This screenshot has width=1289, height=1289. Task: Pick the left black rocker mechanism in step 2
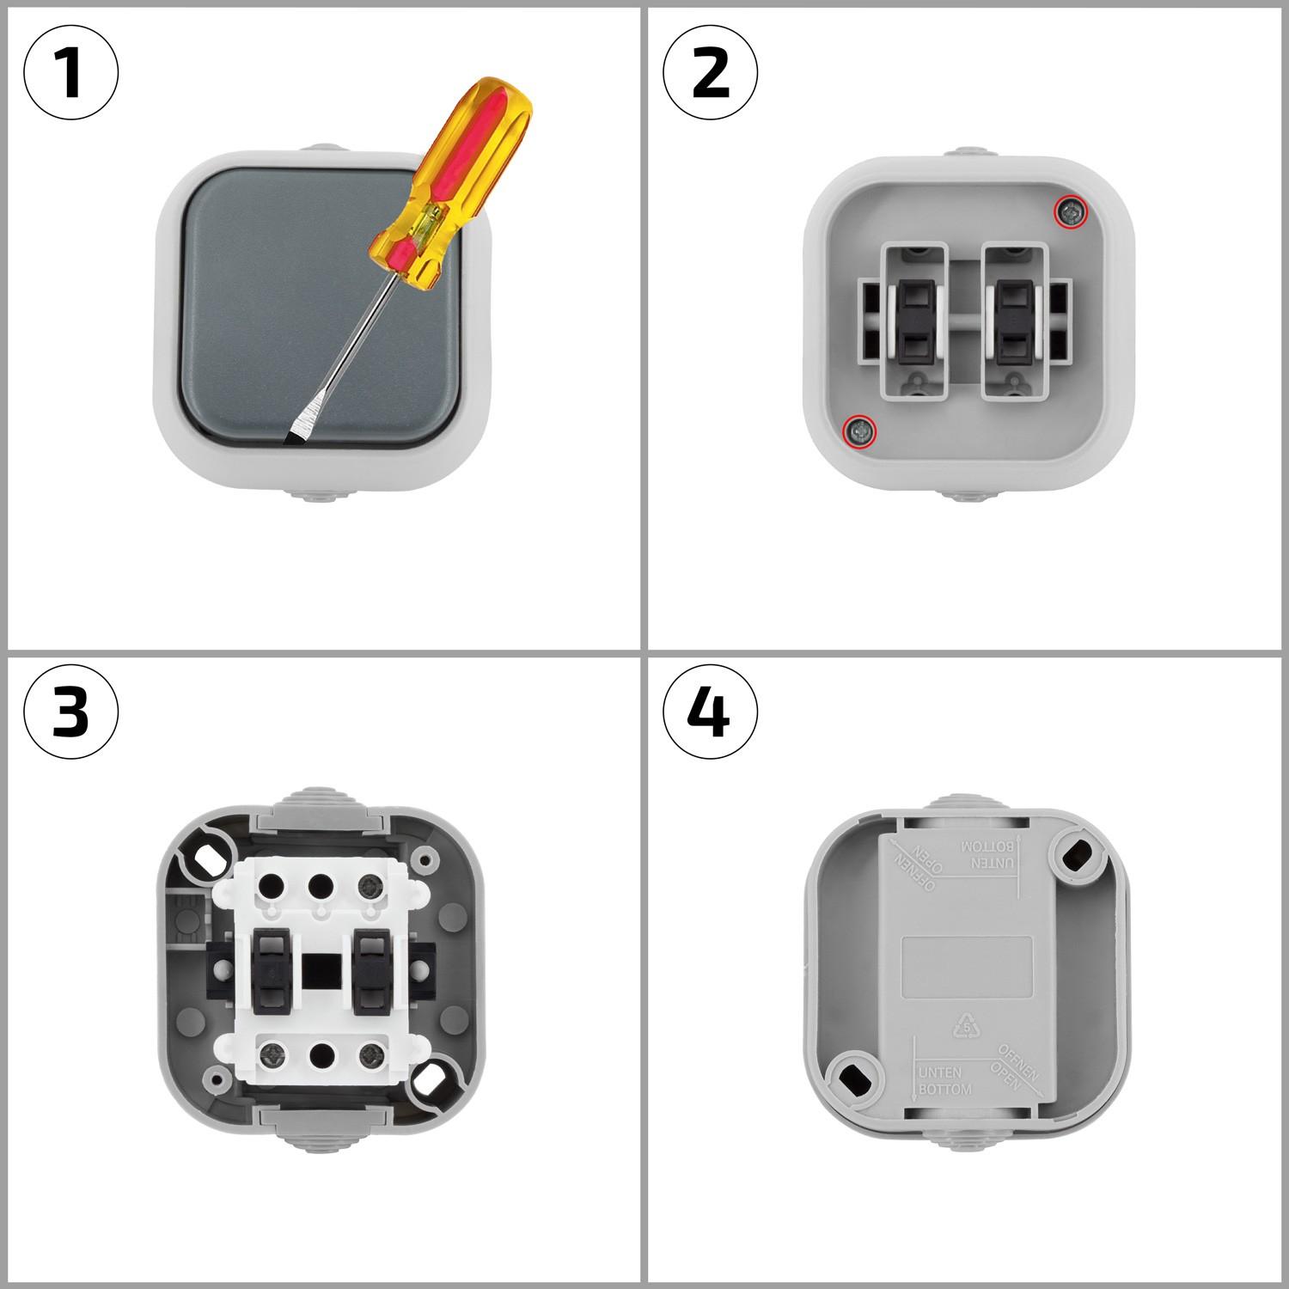pyautogui.click(x=913, y=321)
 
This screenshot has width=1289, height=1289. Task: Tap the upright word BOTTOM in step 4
pyautogui.click(x=945, y=1089)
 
